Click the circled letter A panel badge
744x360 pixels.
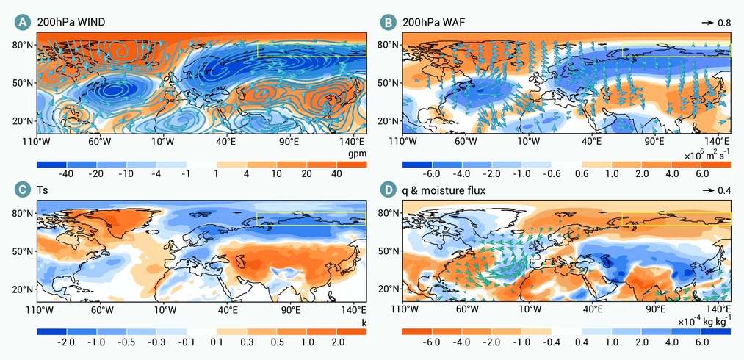(x=22, y=22)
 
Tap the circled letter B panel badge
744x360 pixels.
(x=388, y=22)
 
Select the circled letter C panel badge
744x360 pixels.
(x=22, y=190)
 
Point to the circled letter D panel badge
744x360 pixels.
(x=388, y=190)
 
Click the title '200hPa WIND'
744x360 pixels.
(x=64, y=22)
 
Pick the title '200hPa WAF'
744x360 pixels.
(x=427, y=22)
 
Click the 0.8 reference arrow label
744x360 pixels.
(x=725, y=22)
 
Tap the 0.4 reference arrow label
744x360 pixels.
(x=725, y=191)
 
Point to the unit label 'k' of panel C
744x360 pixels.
(x=364, y=323)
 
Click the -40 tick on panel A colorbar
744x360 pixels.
(x=65, y=174)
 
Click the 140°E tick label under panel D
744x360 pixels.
(x=720, y=310)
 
